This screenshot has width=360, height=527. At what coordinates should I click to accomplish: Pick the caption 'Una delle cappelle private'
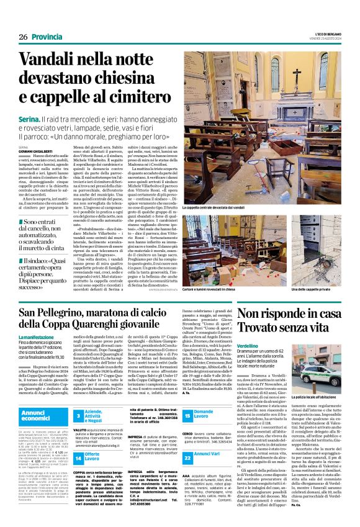322,272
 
